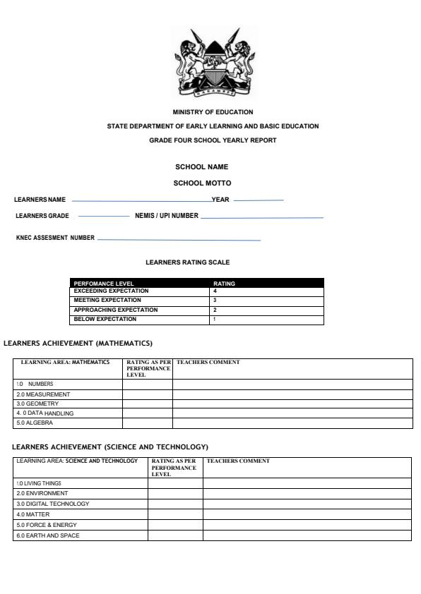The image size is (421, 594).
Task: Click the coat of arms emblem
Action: click(213, 63)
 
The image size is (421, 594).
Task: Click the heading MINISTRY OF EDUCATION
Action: click(213, 112)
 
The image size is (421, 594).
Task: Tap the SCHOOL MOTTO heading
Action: click(202, 183)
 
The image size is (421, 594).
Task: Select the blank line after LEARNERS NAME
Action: click(141, 200)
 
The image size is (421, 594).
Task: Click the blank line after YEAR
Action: click(258, 200)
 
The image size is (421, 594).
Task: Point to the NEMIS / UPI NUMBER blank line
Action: click(261, 217)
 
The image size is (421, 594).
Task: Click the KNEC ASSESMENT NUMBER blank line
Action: click(179, 240)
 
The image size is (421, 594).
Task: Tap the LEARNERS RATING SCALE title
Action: click(187, 262)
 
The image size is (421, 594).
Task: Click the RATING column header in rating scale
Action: click(224, 284)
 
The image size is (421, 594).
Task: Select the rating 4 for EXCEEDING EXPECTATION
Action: click(215, 291)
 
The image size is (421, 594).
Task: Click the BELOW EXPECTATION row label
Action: click(105, 320)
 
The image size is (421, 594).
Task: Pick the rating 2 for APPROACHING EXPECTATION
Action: click(215, 310)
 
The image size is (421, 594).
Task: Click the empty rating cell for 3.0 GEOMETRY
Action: click(148, 404)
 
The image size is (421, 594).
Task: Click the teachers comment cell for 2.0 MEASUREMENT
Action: click(292, 394)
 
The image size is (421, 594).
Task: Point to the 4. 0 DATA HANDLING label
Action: click(45, 413)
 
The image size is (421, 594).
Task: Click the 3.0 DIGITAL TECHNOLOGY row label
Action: click(53, 504)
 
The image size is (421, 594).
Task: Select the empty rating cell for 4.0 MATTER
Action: click(175, 514)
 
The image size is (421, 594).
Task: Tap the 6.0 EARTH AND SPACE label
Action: click(48, 535)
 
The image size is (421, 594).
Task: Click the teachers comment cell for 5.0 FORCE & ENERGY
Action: click(307, 525)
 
